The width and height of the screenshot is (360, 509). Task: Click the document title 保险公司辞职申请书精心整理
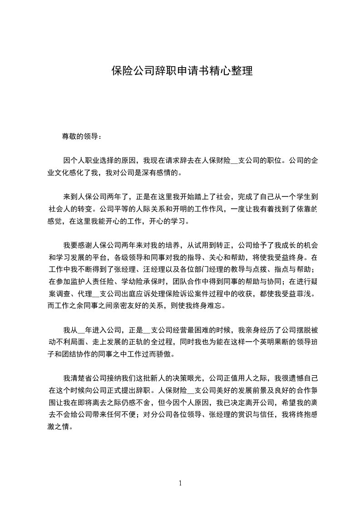(x=182, y=71)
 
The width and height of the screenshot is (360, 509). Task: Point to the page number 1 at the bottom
(x=181, y=483)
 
